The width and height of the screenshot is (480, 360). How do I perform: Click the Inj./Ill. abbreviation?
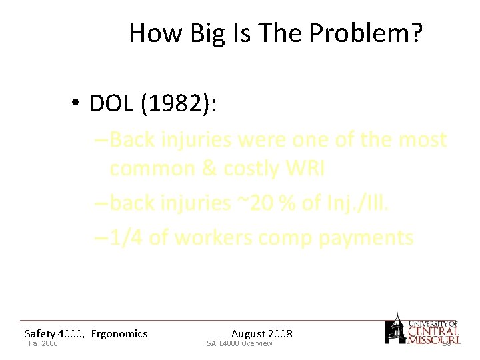click(356, 203)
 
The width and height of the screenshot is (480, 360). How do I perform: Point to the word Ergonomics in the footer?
click(119, 333)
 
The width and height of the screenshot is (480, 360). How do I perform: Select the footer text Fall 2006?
click(43, 343)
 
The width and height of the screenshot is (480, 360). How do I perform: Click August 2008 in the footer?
click(261, 333)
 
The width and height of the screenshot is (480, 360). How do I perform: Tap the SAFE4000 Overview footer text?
click(239, 343)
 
